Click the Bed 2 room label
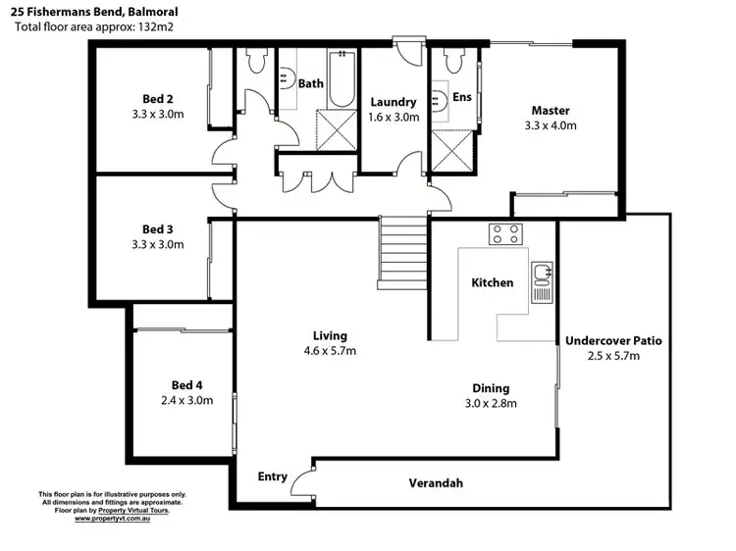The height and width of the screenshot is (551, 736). click(x=157, y=99)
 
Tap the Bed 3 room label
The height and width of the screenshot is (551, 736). click(x=157, y=229)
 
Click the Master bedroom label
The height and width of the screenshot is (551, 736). click(x=551, y=111)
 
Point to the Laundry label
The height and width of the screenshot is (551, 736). click(x=394, y=102)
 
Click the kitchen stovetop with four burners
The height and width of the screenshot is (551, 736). click(x=506, y=234)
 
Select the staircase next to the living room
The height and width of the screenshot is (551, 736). click(x=404, y=251)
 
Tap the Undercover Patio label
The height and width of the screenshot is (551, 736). click(x=613, y=341)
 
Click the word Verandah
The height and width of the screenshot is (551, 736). click(x=436, y=483)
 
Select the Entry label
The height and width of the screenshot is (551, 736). click(x=273, y=476)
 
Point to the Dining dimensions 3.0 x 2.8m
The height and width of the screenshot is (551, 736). click(x=491, y=402)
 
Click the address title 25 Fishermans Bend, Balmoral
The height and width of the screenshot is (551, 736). click(x=94, y=11)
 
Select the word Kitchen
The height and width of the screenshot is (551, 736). click(x=493, y=282)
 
